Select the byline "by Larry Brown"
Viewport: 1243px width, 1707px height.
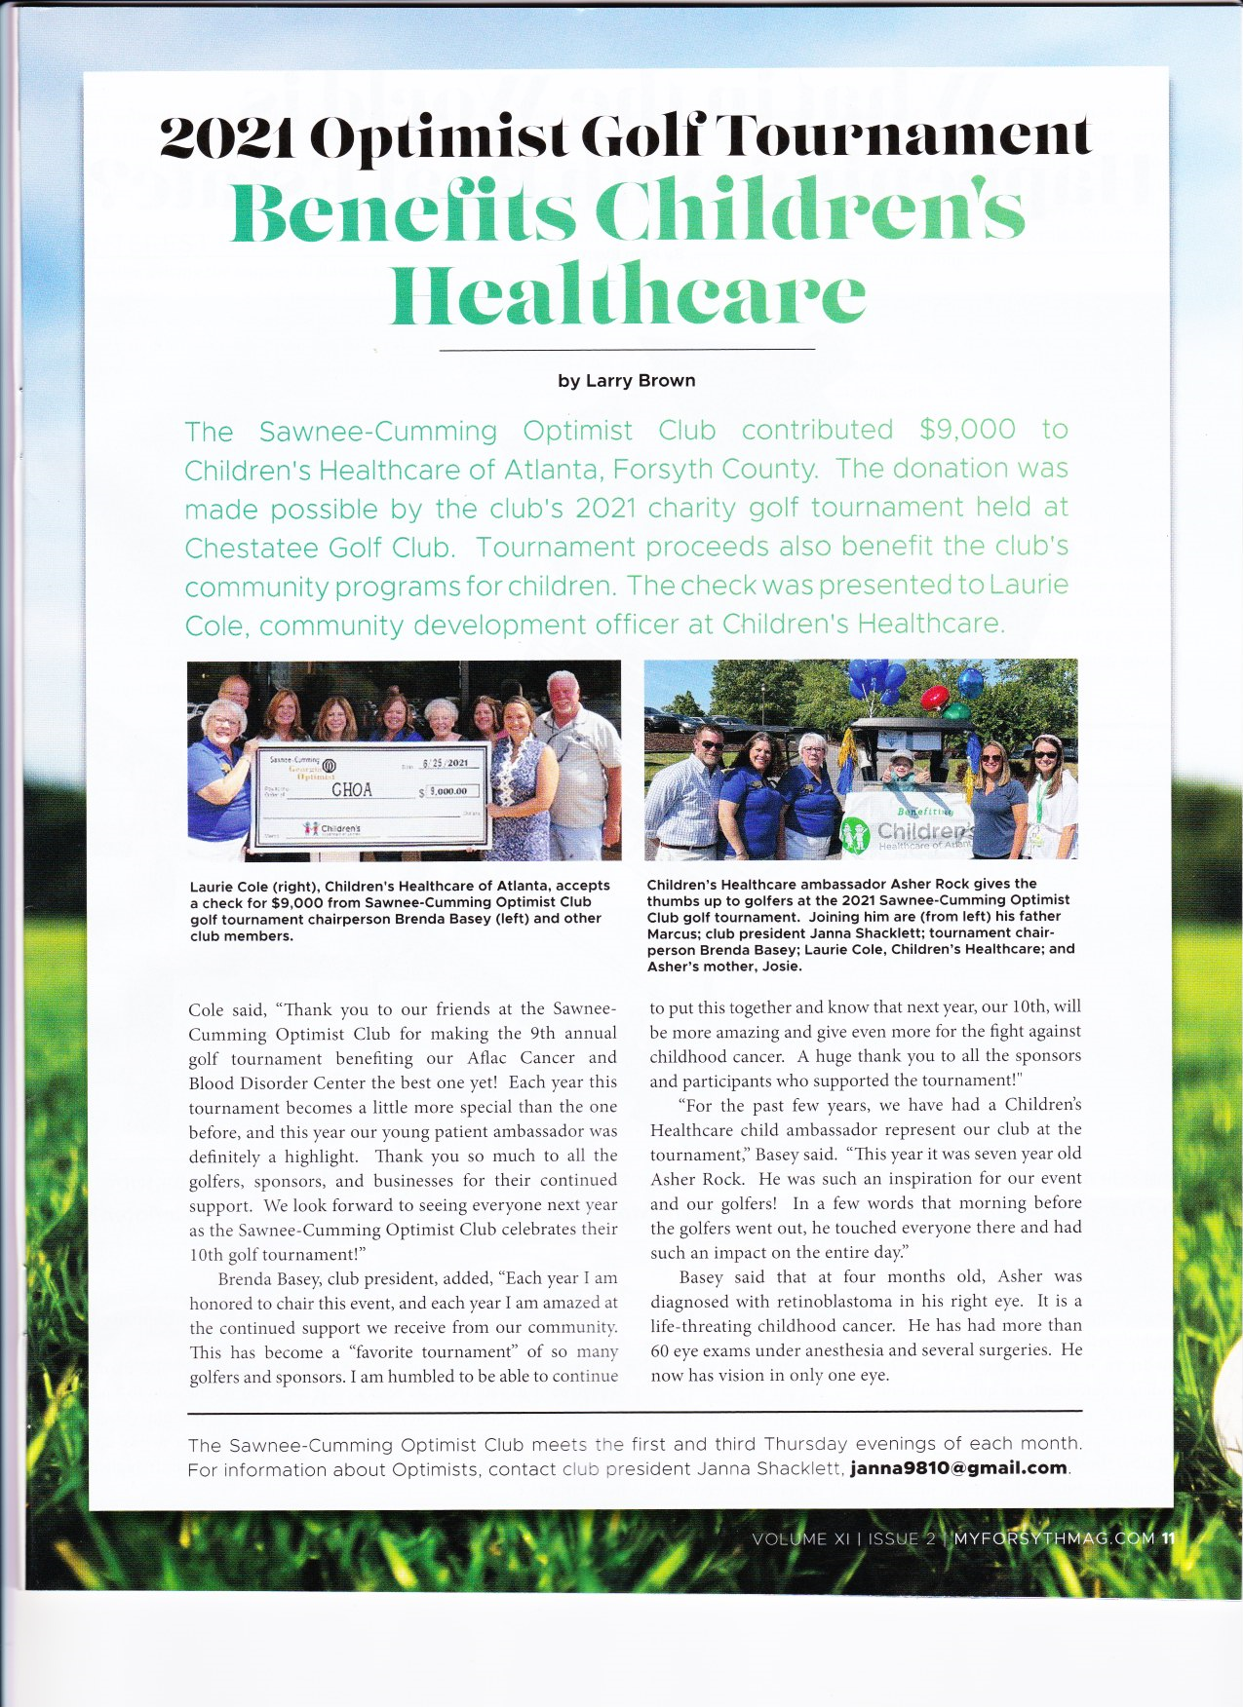pos(626,381)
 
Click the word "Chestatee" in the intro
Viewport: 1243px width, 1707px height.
pos(248,548)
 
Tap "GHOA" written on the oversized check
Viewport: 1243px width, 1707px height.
pos(351,789)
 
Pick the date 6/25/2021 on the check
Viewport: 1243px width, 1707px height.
pos(445,762)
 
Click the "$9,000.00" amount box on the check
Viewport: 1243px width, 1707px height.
pos(449,791)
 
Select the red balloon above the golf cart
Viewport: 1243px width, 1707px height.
pos(934,698)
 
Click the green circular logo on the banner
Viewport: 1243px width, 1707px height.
pos(855,836)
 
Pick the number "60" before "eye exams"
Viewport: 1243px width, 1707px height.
pos(660,1351)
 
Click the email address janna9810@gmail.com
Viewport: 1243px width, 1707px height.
pos(957,1468)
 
